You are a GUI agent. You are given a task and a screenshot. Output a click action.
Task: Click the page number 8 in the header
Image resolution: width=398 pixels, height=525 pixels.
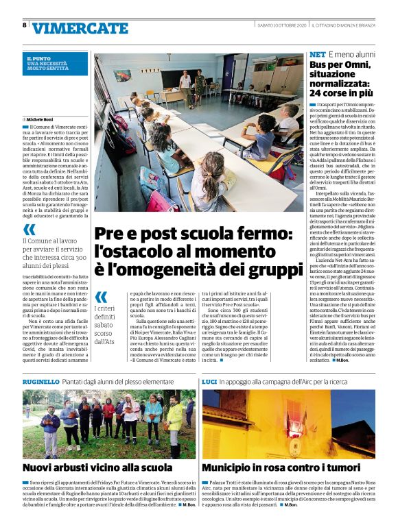(x=25, y=25)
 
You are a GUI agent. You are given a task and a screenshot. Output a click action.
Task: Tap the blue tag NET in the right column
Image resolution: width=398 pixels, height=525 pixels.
(x=318, y=54)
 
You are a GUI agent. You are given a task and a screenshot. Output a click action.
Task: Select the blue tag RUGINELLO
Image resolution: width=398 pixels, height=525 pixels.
(x=40, y=380)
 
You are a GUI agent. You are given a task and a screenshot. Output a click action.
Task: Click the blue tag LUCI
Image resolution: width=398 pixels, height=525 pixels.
(x=209, y=380)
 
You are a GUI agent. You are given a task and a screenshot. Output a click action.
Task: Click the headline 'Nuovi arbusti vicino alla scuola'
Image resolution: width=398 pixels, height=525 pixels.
(x=97, y=467)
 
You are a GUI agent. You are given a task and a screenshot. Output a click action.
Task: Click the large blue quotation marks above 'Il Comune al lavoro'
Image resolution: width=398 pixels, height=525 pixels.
(x=30, y=230)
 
